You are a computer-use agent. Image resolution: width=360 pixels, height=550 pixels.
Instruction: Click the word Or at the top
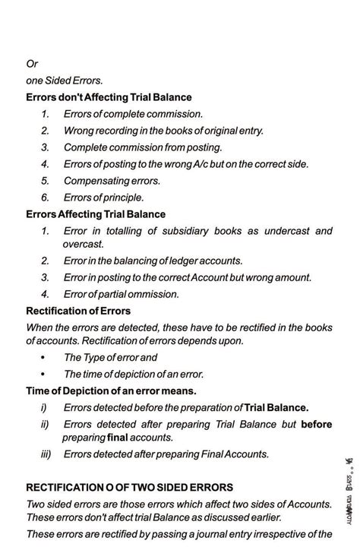[32, 64]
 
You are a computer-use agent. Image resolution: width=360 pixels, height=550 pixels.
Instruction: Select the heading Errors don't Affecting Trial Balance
[109, 97]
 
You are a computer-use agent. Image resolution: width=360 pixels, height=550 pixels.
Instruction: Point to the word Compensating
[97, 181]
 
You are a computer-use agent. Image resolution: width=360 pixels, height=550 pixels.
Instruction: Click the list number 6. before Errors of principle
[46, 198]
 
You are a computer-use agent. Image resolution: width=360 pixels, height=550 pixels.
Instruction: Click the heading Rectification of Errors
[78, 311]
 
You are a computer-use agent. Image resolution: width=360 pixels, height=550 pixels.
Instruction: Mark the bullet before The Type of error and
[43, 357]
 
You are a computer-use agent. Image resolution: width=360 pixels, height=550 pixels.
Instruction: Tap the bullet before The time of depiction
[43, 374]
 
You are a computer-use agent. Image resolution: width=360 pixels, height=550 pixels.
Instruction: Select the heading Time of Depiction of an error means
[111, 390]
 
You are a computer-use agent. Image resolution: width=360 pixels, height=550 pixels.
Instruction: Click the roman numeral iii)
[46, 454]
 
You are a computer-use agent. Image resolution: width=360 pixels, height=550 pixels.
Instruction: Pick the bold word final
[118, 438]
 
